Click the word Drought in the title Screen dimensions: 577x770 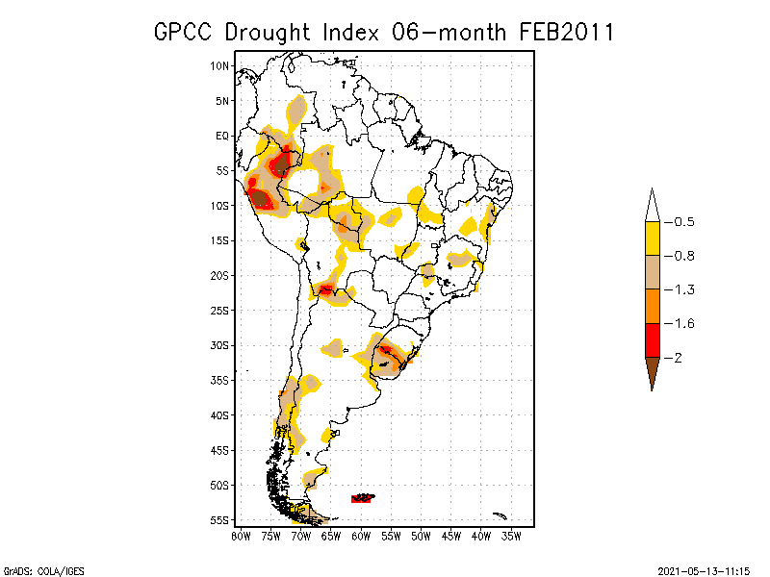272,32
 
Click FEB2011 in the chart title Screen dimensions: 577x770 567,32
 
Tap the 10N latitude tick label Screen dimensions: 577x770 220,65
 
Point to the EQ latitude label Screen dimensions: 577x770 222,136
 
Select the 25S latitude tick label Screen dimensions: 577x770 220,310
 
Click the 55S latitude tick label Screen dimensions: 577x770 220,519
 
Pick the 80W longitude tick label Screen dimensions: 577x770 241,536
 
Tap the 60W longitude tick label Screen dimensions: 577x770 361,536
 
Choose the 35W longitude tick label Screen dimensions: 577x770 511,536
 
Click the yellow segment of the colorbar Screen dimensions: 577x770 653,238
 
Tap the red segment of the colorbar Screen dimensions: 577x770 653,339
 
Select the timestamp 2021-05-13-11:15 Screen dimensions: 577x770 702,570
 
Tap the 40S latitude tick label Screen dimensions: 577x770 220,414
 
